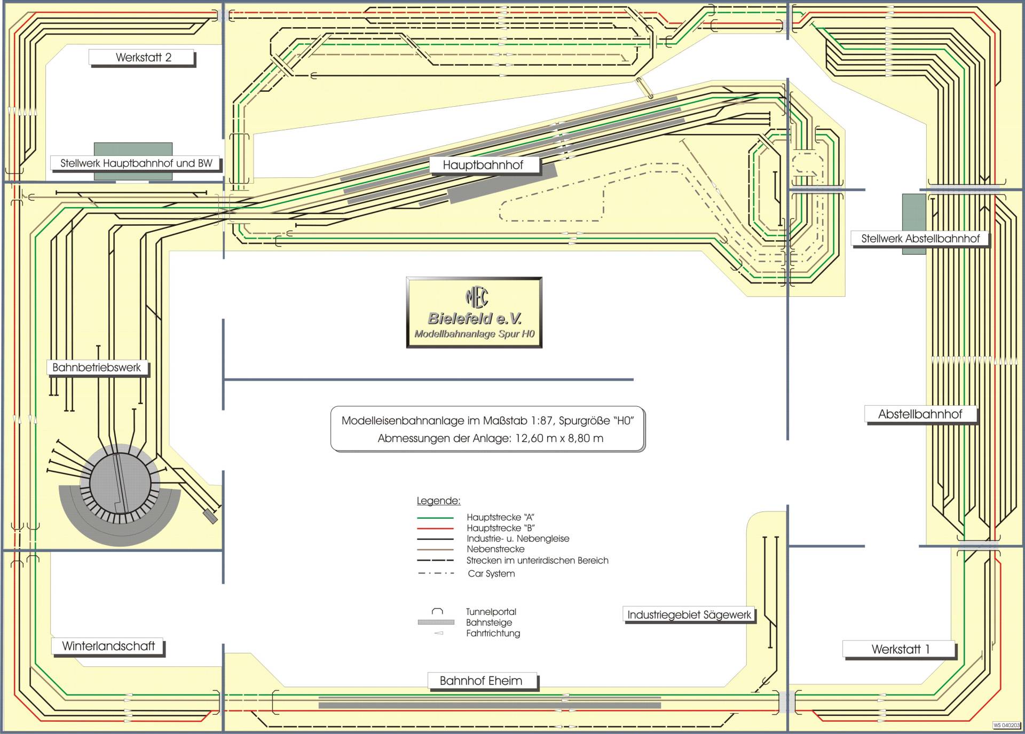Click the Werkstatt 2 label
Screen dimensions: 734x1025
tap(143, 58)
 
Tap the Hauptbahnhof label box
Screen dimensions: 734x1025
tap(483, 165)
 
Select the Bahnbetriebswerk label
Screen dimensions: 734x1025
tap(97, 367)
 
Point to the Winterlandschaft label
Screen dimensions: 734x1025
tap(108, 646)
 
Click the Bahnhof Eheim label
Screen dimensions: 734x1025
tap(480, 681)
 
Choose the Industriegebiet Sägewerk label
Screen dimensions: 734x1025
tap(689, 614)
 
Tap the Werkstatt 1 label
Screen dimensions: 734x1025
tap(900, 649)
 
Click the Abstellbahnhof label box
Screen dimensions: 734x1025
tap(920, 414)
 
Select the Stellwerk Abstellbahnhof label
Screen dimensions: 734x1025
tap(920, 239)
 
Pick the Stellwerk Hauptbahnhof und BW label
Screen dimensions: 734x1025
tap(136, 163)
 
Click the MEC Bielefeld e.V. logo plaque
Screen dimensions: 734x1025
tap(474, 312)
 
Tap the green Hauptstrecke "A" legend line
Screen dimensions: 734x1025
tap(435, 517)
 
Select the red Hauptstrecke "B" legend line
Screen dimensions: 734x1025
tap(435, 528)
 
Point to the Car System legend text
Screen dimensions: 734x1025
tap(491, 574)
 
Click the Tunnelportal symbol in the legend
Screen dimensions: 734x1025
tap(437, 611)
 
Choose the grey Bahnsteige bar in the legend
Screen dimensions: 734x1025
tap(436, 622)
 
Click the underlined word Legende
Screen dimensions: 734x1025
tap(438, 501)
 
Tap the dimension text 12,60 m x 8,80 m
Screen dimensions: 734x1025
tap(559, 438)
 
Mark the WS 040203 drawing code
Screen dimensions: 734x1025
tap(1006, 725)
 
